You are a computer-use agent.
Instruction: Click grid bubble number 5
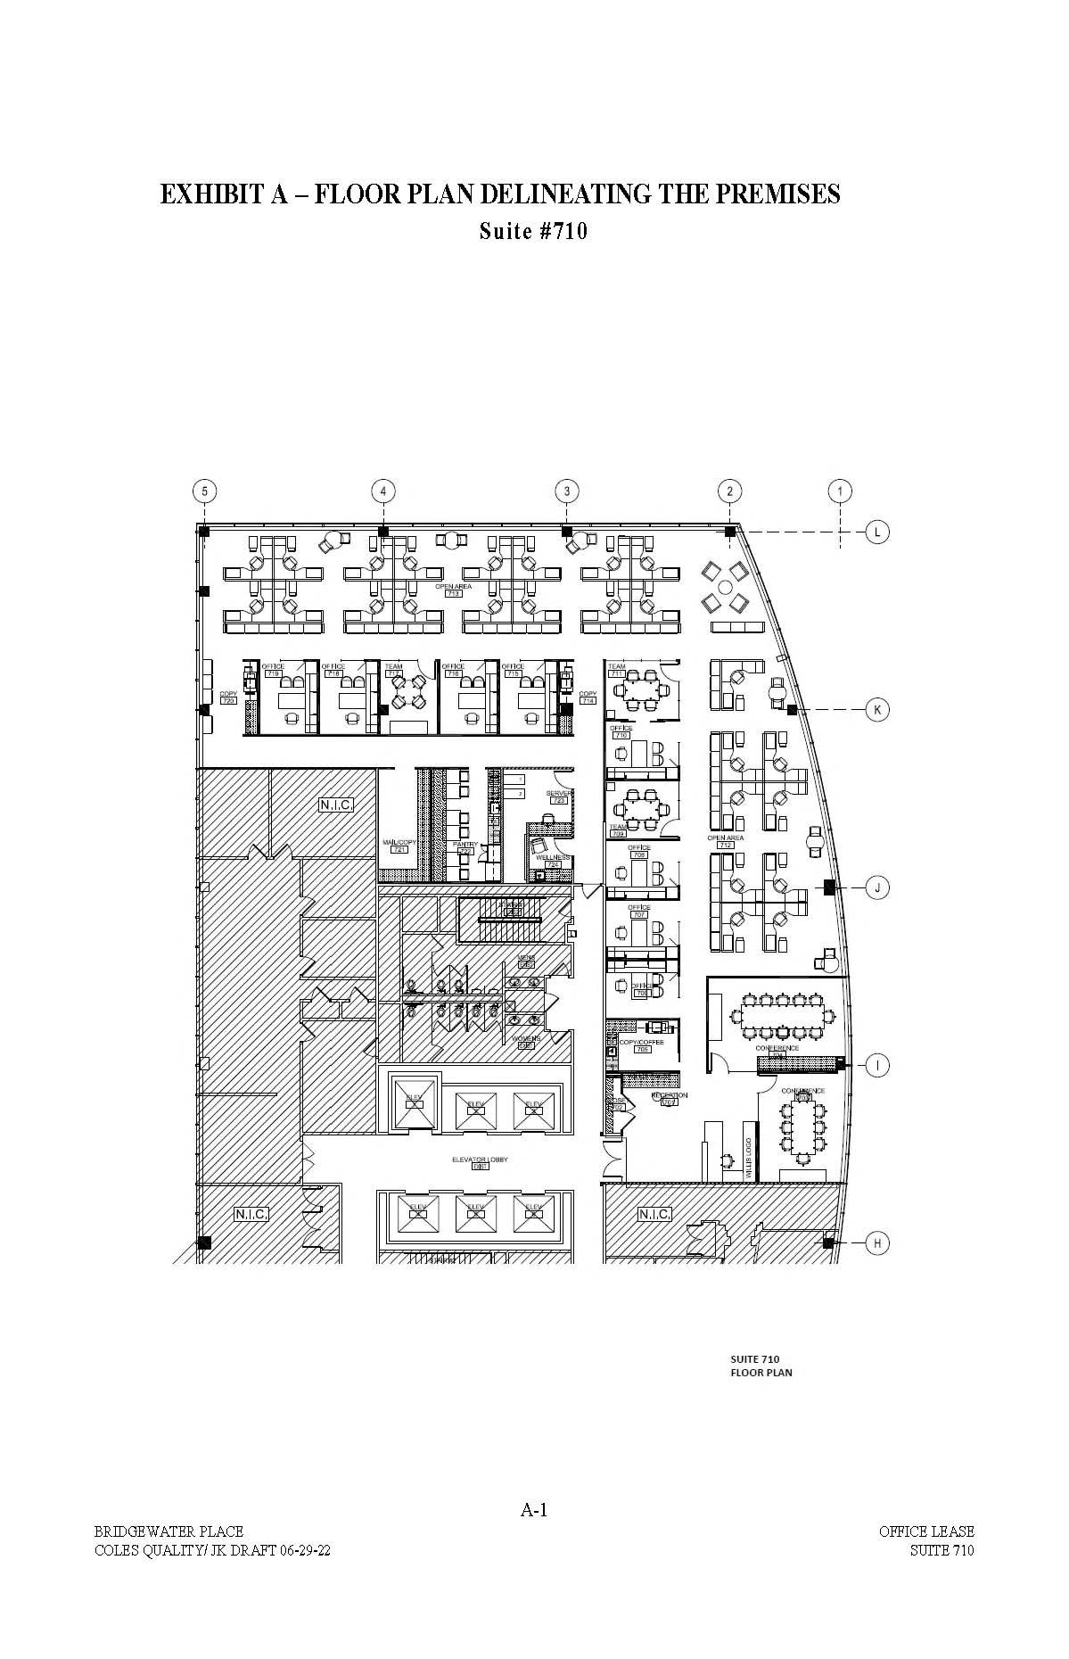(x=205, y=491)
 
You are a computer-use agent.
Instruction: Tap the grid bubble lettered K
(x=877, y=710)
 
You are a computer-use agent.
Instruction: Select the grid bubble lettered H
(x=877, y=1243)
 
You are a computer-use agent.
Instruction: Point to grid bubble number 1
(x=840, y=491)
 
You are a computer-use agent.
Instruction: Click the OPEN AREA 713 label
(x=453, y=590)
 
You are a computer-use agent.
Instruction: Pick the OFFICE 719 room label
(x=273, y=670)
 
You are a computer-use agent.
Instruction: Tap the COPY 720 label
(x=228, y=697)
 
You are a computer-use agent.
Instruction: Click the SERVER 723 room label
(x=559, y=796)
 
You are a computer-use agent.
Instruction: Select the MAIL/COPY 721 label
(x=399, y=846)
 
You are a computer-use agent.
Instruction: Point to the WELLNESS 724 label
(x=553, y=861)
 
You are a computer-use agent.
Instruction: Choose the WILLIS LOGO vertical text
(x=748, y=1159)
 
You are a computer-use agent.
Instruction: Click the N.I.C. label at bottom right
(x=654, y=1214)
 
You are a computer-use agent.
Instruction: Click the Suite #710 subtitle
(x=533, y=232)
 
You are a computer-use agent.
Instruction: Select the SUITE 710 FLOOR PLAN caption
(x=761, y=1366)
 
